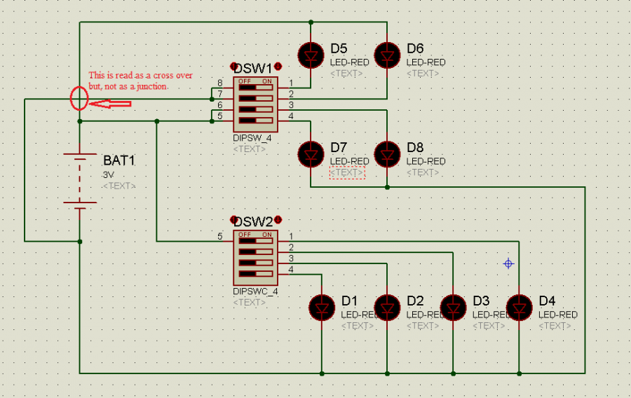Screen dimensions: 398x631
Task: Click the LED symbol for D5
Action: click(x=310, y=55)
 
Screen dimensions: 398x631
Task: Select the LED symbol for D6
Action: click(x=387, y=55)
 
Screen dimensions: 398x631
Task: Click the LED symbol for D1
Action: click(x=322, y=307)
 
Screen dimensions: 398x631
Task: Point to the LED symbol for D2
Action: click(x=387, y=307)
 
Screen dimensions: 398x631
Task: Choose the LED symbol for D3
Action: click(x=453, y=307)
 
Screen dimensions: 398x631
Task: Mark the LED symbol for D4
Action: click(x=519, y=307)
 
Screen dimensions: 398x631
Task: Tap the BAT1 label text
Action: click(x=118, y=160)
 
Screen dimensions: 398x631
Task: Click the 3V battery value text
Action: click(x=108, y=174)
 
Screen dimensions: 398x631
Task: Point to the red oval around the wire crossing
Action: click(x=79, y=99)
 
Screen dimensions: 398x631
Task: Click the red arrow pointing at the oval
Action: click(x=111, y=104)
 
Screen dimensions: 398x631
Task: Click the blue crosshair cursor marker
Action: click(x=509, y=263)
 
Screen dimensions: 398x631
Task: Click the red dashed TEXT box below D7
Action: click(x=347, y=172)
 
